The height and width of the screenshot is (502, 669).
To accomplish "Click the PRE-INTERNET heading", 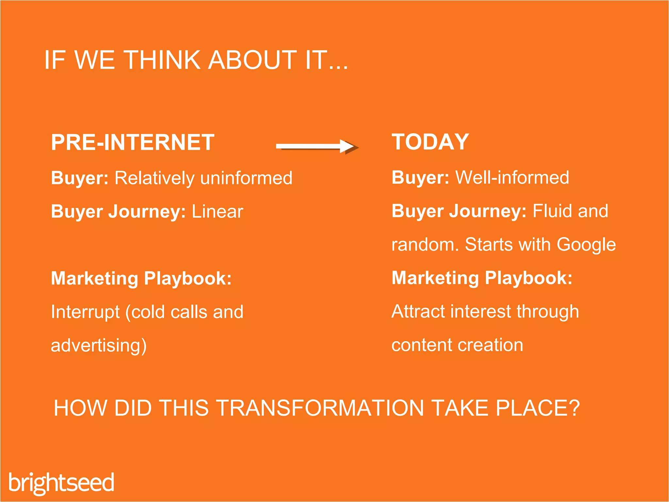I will click(133, 142).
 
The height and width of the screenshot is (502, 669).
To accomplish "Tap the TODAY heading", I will click(430, 142).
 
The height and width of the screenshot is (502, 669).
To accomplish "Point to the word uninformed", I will click(246, 178).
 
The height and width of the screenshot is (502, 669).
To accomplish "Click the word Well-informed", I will click(512, 177).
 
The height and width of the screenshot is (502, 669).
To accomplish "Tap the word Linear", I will click(217, 211).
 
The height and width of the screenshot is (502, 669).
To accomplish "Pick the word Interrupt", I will click(85, 312).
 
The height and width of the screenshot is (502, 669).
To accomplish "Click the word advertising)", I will click(99, 346).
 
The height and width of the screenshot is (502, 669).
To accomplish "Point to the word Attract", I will click(418, 311).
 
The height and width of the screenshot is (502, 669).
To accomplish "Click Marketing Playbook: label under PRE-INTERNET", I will click(141, 278).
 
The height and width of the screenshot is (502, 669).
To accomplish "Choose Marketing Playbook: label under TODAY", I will click(482, 278).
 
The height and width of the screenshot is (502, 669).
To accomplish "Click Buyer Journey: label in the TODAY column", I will click(459, 211).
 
